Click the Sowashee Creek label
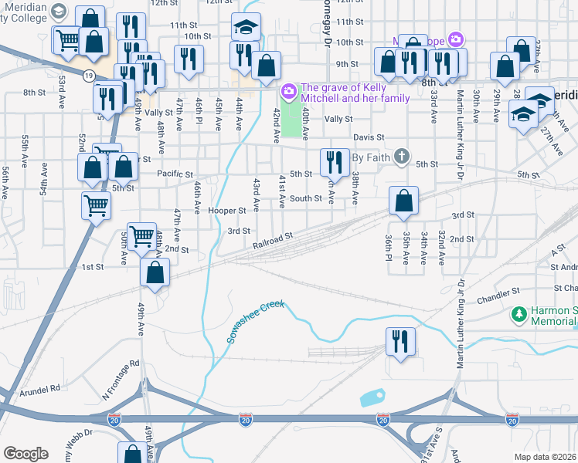pyautogui.click(x=256, y=322)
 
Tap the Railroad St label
pyautogui.click(x=273, y=241)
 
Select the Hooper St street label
pyautogui.click(x=226, y=211)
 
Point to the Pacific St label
pyautogui.click(x=174, y=174)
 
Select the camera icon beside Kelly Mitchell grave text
pyautogui.click(x=288, y=93)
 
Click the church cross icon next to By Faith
pyautogui.click(x=400, y=157)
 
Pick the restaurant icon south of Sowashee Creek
pyautogui.click(x=399, y=340)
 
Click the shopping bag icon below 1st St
pyautogui.click(x=155, y=272)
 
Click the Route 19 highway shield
pyautogui.click(x=90, y=74)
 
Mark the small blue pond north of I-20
pyautogui.click(x=372, y=398)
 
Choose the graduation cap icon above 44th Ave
pyautogui.click(x=246, y=29)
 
